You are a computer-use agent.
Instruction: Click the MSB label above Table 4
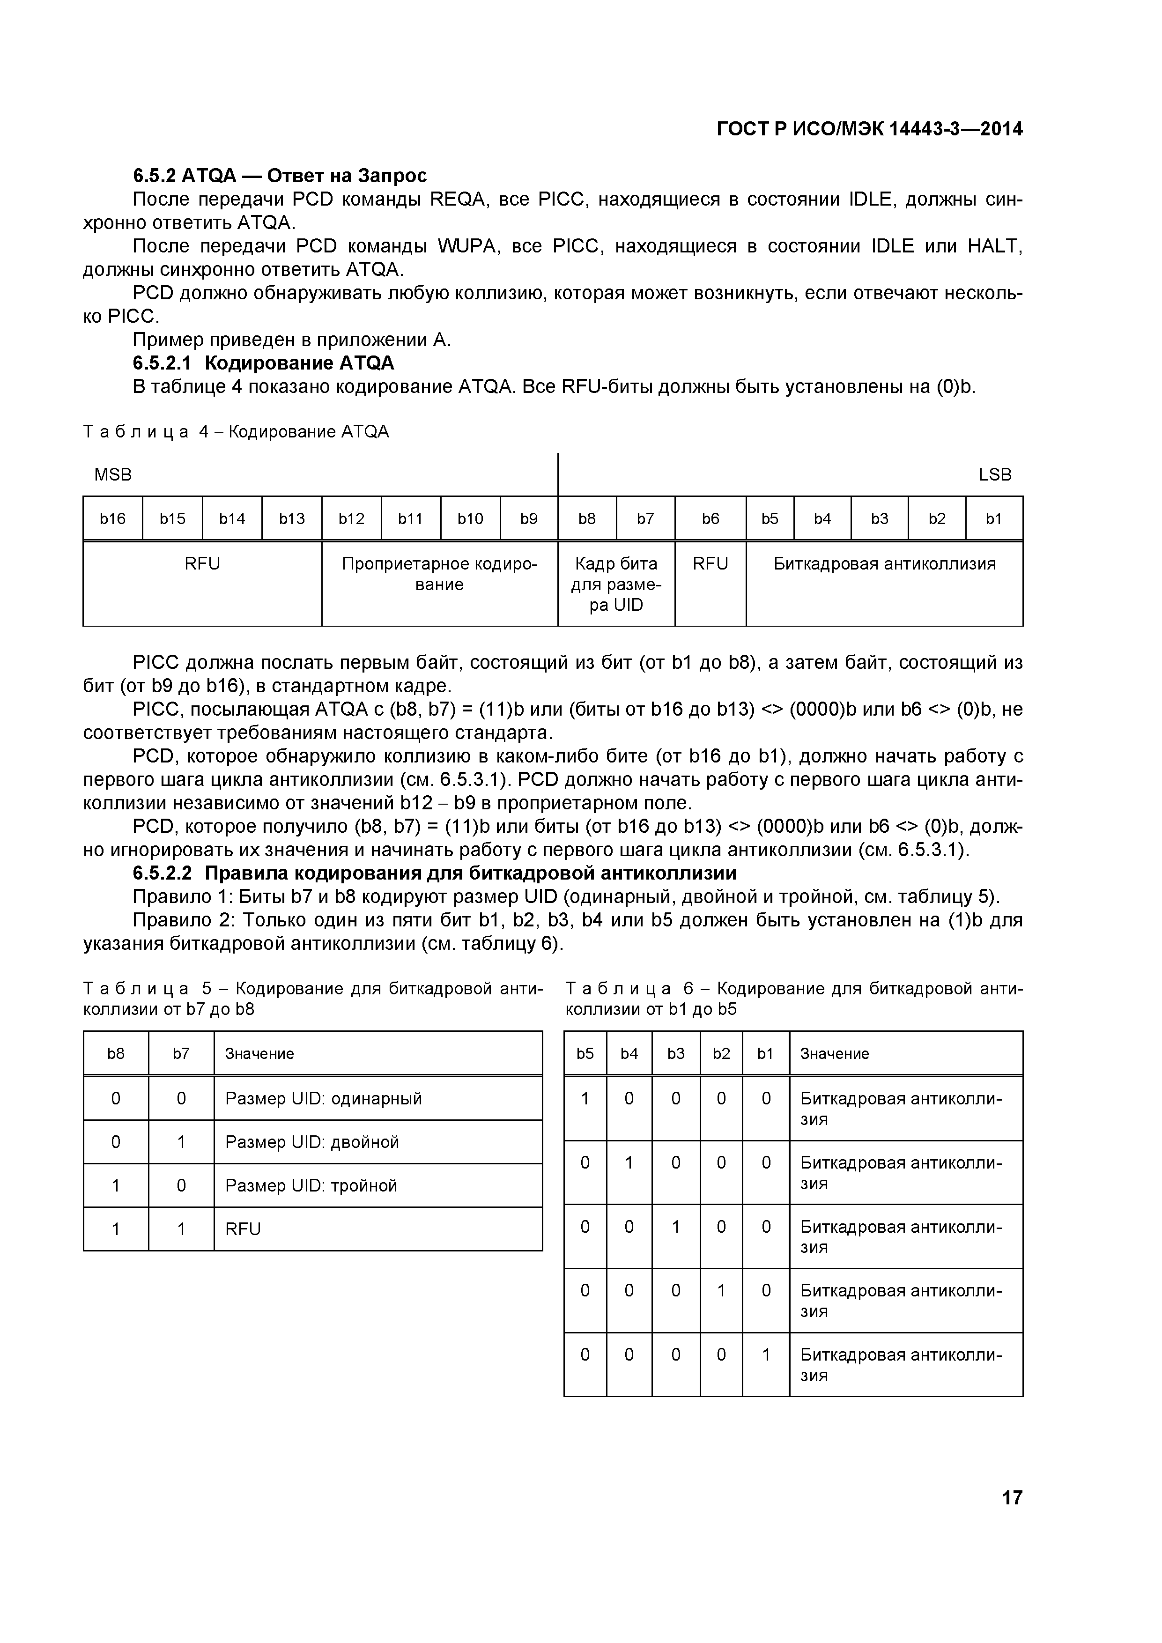[x=113, y=474]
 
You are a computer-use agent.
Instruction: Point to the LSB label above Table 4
[x=995, y=474]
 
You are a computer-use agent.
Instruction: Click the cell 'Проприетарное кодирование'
[x=439, y=574]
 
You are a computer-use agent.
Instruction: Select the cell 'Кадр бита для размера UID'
[x=615, y=584]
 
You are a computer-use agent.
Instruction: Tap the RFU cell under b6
[x=710, y=564]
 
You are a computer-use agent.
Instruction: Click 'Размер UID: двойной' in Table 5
[x=312, y=1141]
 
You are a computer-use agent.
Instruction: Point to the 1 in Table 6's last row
[x=766, y=1354]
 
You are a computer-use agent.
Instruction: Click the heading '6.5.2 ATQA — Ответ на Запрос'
[x=280, y=175]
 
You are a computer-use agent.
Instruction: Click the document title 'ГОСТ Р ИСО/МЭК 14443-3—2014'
[x=869, y=129]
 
